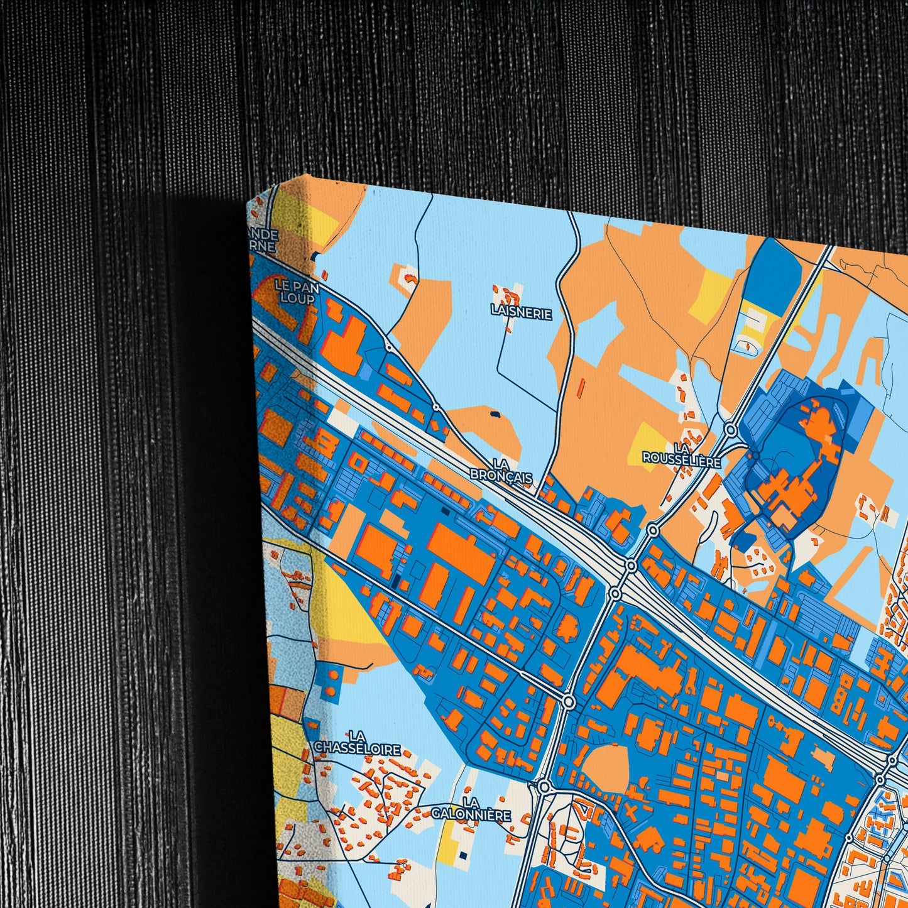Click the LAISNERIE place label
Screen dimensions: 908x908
pos(521,313)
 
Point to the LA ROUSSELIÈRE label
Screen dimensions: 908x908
pos(681,454)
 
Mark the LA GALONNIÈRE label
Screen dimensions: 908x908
pos(471,809)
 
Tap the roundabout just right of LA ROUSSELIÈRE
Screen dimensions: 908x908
pos(730,430)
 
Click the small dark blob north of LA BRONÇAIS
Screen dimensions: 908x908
pos(495,415)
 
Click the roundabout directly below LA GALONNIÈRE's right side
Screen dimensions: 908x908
pos(544,787)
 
